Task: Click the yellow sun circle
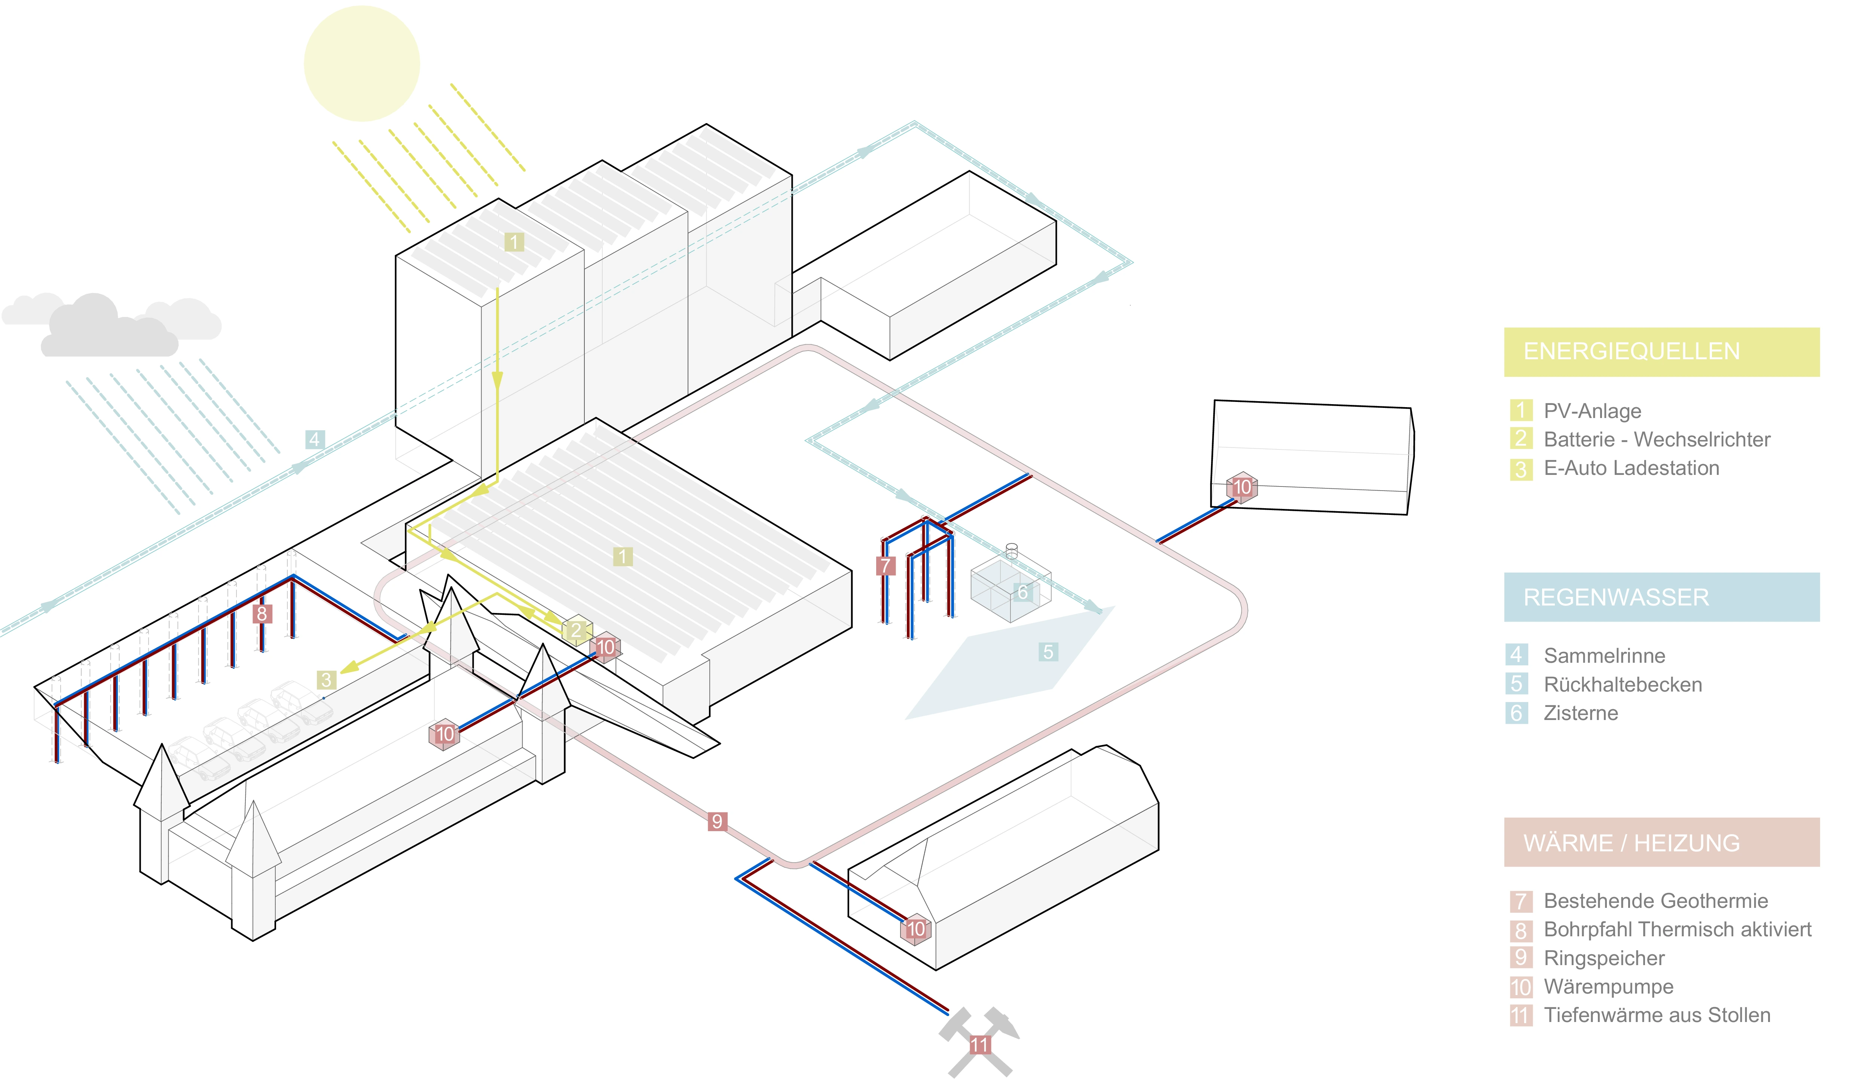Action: (362, 63)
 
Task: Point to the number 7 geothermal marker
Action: (885, 566)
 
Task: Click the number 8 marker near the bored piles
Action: (262, 614)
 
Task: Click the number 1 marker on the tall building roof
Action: (514, 242)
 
